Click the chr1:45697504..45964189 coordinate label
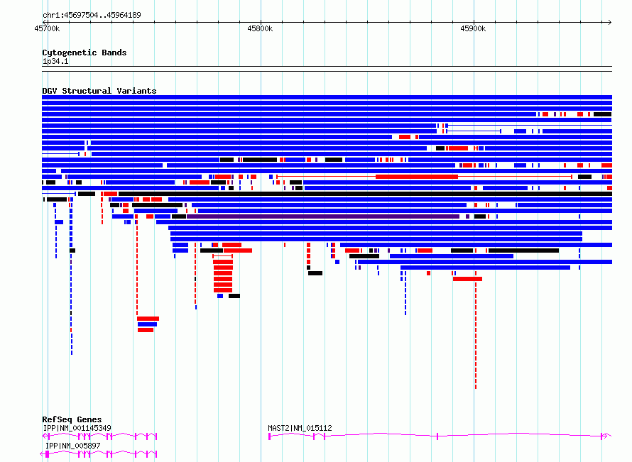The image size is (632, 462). (x=92, y=16)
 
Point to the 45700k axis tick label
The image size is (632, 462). (x=47, y=28)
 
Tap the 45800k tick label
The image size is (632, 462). (x=260, y=28)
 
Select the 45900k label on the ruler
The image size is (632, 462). (x=473, y=28)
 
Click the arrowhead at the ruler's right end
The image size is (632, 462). (x=610, y=22)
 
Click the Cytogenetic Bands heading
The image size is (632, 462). (x=85, y=53)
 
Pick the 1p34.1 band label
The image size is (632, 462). (x=55, y=61)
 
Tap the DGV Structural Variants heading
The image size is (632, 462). (x=99, y=91)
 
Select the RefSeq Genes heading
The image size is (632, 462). (x=72, y=419)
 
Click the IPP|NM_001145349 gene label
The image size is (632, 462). (x=77, y=428)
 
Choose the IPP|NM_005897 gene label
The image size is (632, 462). (x=73, y=446)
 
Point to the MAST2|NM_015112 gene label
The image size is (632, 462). (x=300, y=428)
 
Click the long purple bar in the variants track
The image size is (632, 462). (x=323, y=216)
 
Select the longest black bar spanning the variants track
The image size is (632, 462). (x=365, y=194)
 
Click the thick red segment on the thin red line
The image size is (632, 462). (x=417, y=177)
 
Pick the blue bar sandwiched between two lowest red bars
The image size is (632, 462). (x=147, y=324)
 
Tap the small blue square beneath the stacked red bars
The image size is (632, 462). (x=220, y=296)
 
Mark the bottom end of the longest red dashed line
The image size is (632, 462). (x=476, y=388)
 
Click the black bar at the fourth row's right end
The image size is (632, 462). (x=603, y=114)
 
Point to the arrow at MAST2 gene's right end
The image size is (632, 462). (x=606, y=436)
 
